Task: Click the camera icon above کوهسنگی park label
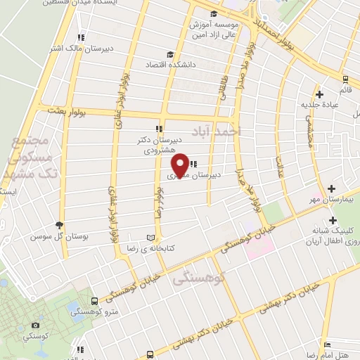pyautogui.click(x=36, y=326)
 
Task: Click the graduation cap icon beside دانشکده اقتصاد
pyautogui.click(x=169, y=55)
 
